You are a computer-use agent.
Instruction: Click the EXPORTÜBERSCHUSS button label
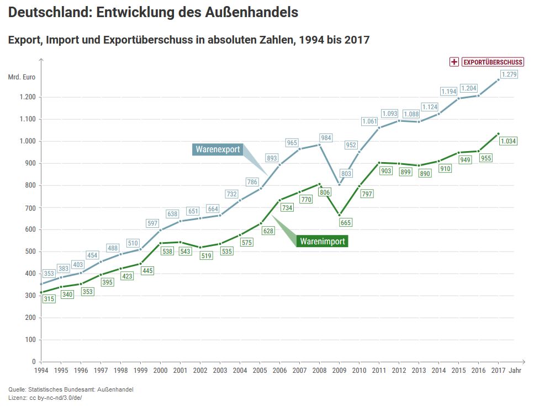493,62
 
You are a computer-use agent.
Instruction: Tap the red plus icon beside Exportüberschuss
455,62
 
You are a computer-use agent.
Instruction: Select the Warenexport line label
218,149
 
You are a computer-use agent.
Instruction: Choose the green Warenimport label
323,242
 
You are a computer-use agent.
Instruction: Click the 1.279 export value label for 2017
509,74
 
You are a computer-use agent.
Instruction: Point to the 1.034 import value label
508,141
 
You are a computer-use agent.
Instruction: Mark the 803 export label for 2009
346,174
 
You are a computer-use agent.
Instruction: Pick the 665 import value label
346,222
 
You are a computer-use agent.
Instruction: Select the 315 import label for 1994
49,298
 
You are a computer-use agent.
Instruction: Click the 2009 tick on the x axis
339,370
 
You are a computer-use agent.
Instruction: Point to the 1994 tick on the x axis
41,370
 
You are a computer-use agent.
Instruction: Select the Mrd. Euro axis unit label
22,77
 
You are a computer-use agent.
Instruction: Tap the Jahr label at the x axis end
515,370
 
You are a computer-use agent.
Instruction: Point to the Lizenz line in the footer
45,397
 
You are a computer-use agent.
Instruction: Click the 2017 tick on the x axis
498,370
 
